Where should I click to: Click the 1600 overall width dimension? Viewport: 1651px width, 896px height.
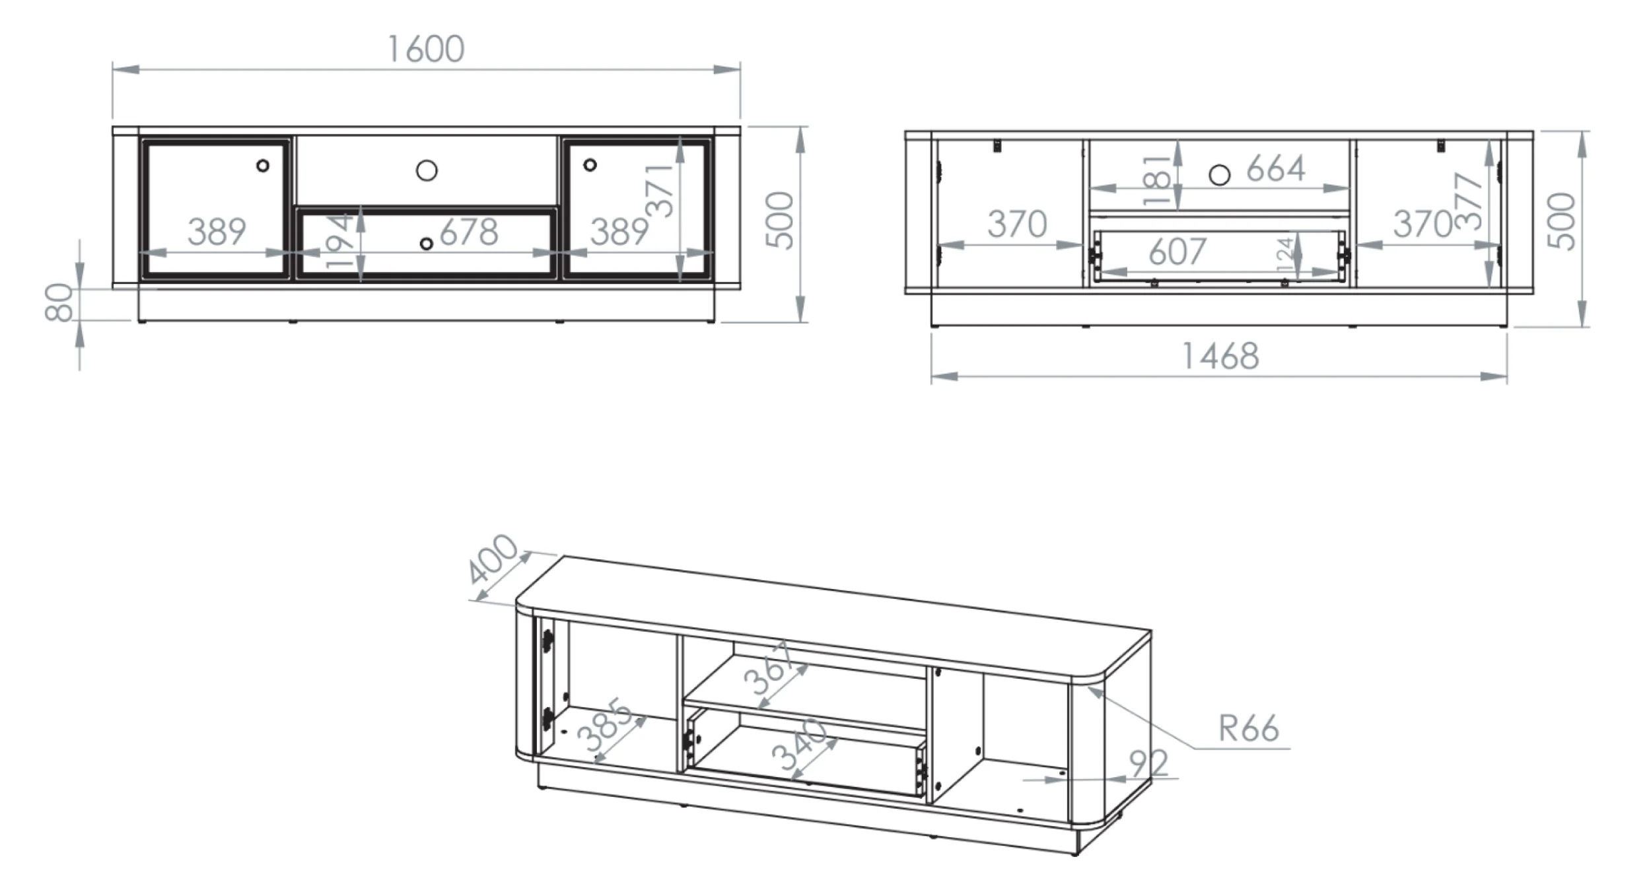tap(426, 50)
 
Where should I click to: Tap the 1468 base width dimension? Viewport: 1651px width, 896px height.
tap(1220, 357)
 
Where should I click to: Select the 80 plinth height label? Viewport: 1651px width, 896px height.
tap(59, 302)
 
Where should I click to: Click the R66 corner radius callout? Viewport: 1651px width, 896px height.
tap(1248, 729)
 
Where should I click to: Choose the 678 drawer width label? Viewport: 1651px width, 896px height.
tap(469, 232)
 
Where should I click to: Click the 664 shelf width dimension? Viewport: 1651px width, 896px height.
tap(1276, 168)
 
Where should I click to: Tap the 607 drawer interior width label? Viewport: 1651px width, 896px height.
tap(1177, 252)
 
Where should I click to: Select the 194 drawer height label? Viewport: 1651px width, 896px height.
tap(340, 241)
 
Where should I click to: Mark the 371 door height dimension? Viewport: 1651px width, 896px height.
tap(659, 191)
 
